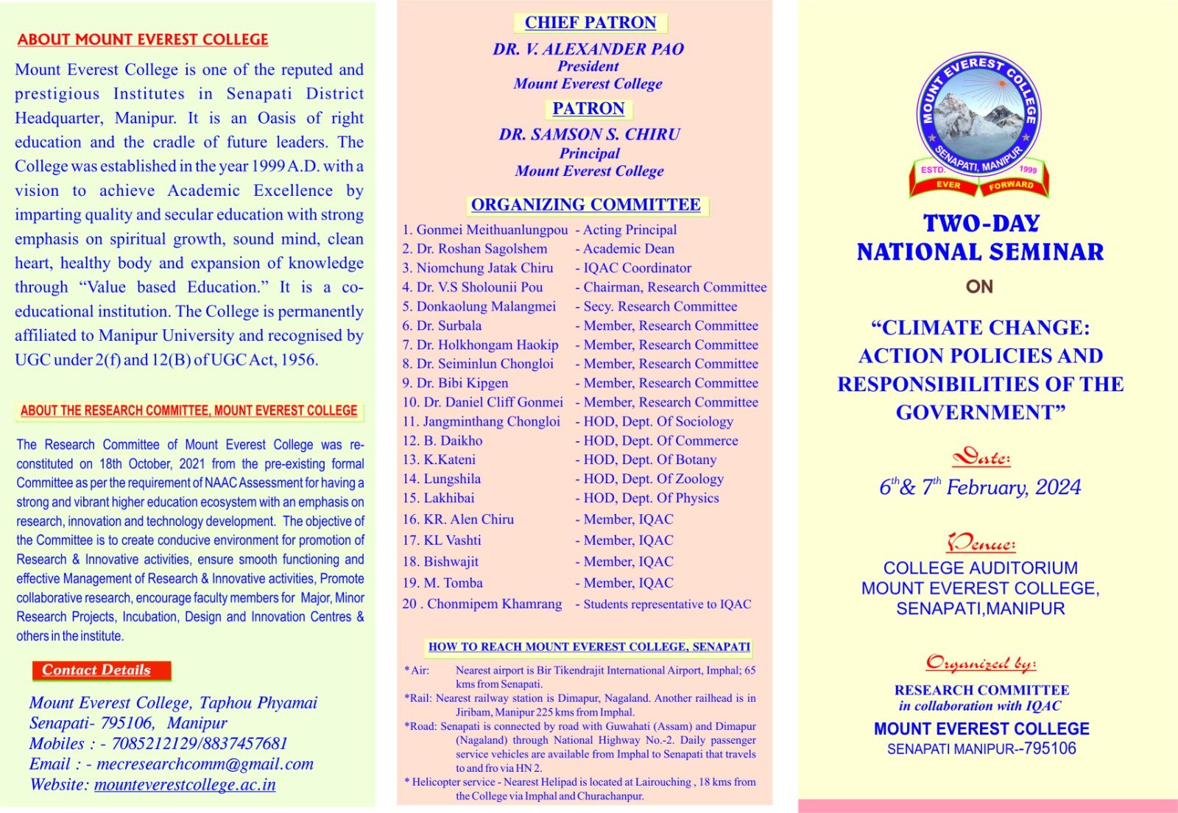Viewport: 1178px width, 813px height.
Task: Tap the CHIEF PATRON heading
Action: pos(590,23)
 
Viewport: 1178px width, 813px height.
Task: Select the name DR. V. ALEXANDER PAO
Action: pos(588,49)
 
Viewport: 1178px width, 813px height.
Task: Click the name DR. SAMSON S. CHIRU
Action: pos(589,135)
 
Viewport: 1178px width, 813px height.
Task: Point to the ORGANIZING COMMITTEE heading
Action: pos(586,205)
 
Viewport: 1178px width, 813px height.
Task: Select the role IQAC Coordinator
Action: pos(637,268)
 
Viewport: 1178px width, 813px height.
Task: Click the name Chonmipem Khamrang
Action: pos(494,604)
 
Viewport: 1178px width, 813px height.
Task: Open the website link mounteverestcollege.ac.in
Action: pos(185,785)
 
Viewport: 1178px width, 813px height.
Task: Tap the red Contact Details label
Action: pos(96,670)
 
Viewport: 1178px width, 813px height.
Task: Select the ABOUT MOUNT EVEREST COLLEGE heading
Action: pos(143,40)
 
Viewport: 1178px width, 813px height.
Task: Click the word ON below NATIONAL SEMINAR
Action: pos(979,286)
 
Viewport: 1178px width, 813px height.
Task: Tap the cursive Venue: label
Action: pos(981,544)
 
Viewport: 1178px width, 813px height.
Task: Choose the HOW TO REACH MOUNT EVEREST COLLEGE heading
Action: pos(589,647)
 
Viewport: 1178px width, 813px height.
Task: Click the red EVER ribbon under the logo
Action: pos(948,185)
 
